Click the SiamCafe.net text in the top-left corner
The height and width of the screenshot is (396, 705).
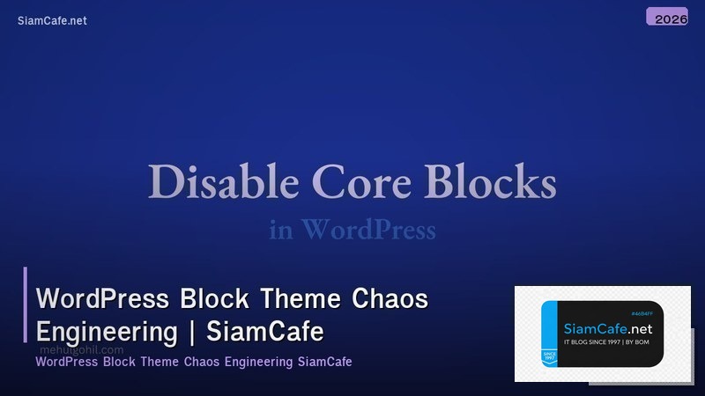pyautogui.click(x=52, y=20)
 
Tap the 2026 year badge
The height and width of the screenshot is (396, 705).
pyautogui.click(x=671, y=18)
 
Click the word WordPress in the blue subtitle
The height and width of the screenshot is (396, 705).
pyautogui.click(x=368, y=231)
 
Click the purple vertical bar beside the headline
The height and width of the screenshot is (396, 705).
pyautogui.click(x=26, y=304)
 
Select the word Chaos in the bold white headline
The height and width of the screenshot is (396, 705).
pyautogui.click(x=390, y=299)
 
